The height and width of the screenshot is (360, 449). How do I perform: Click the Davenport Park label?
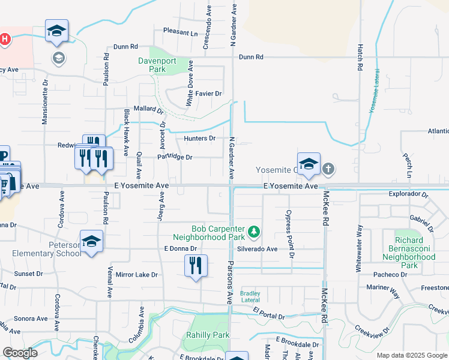click(x=165, y=65)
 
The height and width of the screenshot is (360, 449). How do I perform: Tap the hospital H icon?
click(x=5, y=40)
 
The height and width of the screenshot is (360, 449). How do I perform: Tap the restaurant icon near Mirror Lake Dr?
click(x=196, y=265)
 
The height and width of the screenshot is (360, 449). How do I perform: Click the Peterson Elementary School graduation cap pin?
click(x=91, y=241)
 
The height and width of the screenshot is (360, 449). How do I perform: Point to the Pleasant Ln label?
click(x=180, y=32)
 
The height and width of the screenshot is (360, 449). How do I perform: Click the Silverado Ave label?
click(x=257, y=248)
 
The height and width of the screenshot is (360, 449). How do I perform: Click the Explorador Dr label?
click(x=408, y=195)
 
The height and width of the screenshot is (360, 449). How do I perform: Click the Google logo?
click(x=20, y=353)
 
